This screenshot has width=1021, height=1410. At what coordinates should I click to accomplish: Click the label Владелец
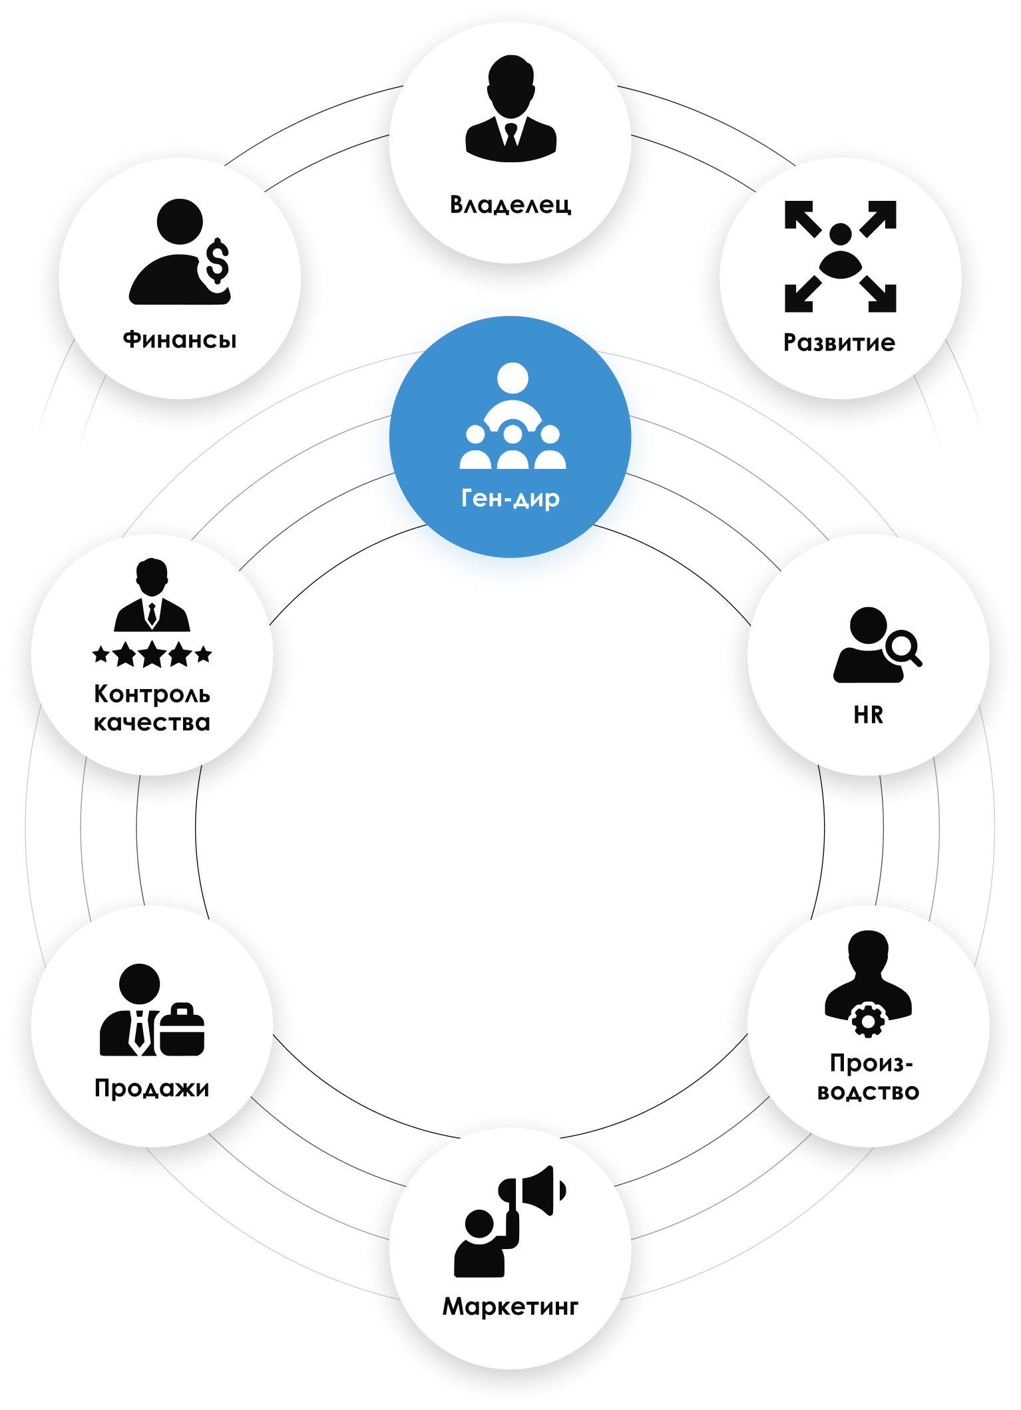(x=510, y=204)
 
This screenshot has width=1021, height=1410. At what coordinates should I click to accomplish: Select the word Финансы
(x=180, y=340)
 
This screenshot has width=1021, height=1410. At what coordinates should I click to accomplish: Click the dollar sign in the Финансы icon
(x=217, y=262)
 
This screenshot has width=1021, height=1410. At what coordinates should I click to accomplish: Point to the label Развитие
(x=839, y=343)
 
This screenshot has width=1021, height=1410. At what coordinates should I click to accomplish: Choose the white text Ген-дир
(x=510, y=498)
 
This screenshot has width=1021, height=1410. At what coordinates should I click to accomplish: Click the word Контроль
(x=152, y=694)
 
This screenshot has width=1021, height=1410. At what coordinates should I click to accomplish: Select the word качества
(x=152, y=723)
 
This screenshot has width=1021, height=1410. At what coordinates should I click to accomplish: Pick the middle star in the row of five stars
(x=152, y=654)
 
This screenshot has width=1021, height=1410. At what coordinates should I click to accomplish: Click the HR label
(x=868, y=716)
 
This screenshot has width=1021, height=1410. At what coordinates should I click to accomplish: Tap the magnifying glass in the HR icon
(x=904, y=646)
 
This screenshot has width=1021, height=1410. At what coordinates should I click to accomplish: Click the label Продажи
(x=152, y=1089)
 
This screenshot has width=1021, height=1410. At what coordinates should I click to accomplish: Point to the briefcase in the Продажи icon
(x=181, y=1031)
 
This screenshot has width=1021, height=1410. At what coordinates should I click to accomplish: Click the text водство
(x=868, y=1092)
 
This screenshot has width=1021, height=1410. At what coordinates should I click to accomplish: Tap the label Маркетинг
(x=510, y=1307)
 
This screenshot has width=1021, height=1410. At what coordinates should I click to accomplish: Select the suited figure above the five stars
(x=152, y=595)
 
